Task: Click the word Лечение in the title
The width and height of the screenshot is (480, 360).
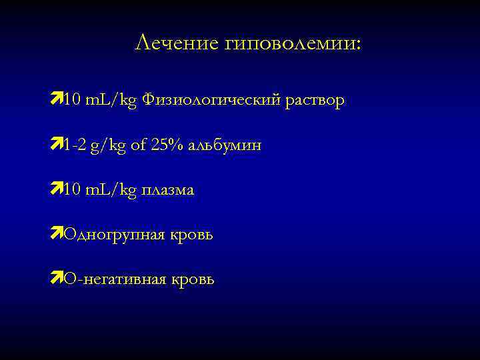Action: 176,43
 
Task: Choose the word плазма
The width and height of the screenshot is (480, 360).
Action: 167,190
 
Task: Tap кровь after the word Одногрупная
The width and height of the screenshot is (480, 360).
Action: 191,235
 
